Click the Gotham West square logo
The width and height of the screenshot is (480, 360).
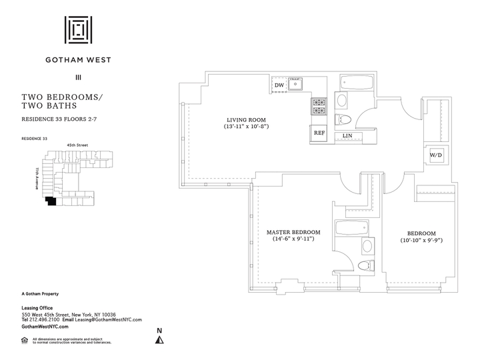tap(78, 30)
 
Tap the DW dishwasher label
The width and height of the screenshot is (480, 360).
tap(279, 85)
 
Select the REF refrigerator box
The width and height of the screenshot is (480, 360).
tap(319, 133)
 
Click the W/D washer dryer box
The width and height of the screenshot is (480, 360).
tap(436, 155)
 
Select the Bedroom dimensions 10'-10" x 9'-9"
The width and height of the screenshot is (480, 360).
tap(421, 240)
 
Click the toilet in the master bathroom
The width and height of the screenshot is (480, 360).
tap(364, 266)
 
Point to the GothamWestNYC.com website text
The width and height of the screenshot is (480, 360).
tap(45, 327)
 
